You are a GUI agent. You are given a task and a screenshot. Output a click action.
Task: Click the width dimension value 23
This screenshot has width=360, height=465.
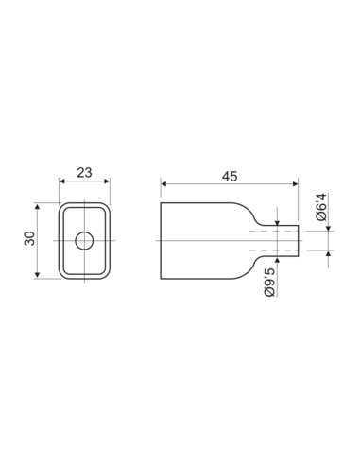pos(84,173)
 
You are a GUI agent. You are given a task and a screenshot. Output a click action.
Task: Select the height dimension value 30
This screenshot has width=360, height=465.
pos(28,240)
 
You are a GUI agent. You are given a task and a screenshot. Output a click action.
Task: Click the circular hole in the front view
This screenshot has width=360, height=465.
pos(84,240)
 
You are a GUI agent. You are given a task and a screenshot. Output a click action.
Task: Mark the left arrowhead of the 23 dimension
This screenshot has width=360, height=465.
pos(62,182)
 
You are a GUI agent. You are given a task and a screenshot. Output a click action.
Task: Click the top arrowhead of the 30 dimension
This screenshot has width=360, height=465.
pos(38,204)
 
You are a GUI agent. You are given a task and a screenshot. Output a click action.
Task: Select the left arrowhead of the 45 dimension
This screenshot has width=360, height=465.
pos(163,182)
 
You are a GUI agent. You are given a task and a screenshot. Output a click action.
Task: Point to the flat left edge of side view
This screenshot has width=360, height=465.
pos(161,240)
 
